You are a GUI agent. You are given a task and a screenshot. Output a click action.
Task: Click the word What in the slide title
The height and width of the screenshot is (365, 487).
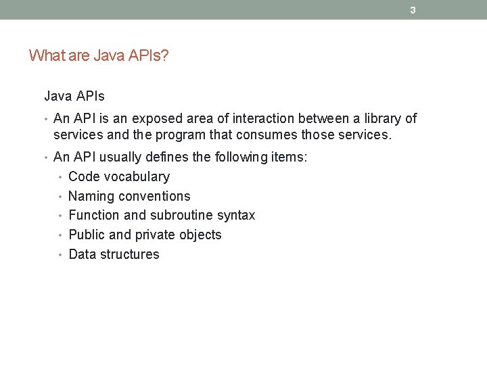click(45, 55)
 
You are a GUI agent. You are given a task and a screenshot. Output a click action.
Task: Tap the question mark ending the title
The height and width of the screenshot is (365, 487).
click(165, 55)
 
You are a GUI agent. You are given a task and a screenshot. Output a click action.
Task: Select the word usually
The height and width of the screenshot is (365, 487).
click(129, 157)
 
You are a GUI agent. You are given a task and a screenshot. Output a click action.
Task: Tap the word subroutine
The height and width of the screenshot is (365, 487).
click(183, 216)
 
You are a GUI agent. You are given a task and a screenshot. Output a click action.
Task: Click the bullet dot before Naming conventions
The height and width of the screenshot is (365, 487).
click(61, 197)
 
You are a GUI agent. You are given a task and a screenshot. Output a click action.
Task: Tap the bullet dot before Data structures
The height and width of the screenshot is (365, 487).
click(61, 255)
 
